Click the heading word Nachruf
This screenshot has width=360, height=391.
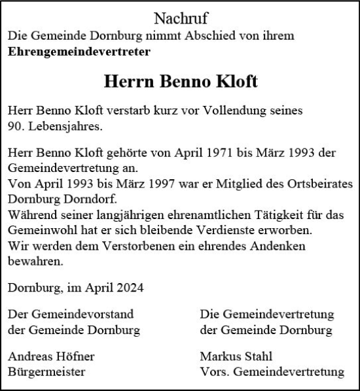(180, 18)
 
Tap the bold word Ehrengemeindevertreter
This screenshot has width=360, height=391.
(79, 50)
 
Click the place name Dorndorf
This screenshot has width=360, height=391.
(90, 197)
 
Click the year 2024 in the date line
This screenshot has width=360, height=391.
(128, 286)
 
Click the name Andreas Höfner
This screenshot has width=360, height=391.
(51, 357)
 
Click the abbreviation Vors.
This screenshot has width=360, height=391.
(215, 372)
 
